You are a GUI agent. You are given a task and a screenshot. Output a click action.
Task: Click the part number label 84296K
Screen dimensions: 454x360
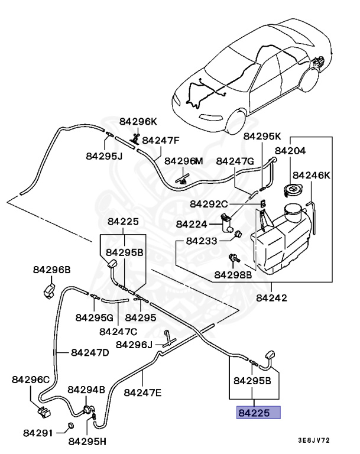pyautogui.click(x=138, y=122)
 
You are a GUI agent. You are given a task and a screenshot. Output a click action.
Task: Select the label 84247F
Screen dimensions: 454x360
pyautogui.click(x=160, y=141)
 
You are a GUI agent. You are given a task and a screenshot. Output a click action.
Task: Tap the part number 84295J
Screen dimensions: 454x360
pyautogui.click(x=103, y=157)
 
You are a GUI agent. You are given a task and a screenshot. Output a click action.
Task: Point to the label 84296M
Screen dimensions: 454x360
pyautogui.click(x=183, y=161)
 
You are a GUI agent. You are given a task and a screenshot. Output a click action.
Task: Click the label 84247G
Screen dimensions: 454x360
pyautogui.click(x=235, y=161)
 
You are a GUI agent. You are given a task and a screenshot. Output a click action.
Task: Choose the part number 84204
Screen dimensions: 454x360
pyautogui.click(x=290, y=151)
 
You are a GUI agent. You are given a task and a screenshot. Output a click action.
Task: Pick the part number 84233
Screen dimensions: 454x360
pyautogui.click(x=202, y=241)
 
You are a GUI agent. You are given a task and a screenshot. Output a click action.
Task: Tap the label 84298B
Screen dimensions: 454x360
pyautogui.click(x=233, y=275)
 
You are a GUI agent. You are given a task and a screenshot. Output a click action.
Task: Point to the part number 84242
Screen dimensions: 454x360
pyautogui.click(x=271, y=297)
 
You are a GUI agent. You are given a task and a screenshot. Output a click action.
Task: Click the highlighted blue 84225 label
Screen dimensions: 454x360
pyautogui.click(x=258, y=413)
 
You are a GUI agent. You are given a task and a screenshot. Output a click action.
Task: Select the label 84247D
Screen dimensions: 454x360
pyautogui.click(x=90, y=352)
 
